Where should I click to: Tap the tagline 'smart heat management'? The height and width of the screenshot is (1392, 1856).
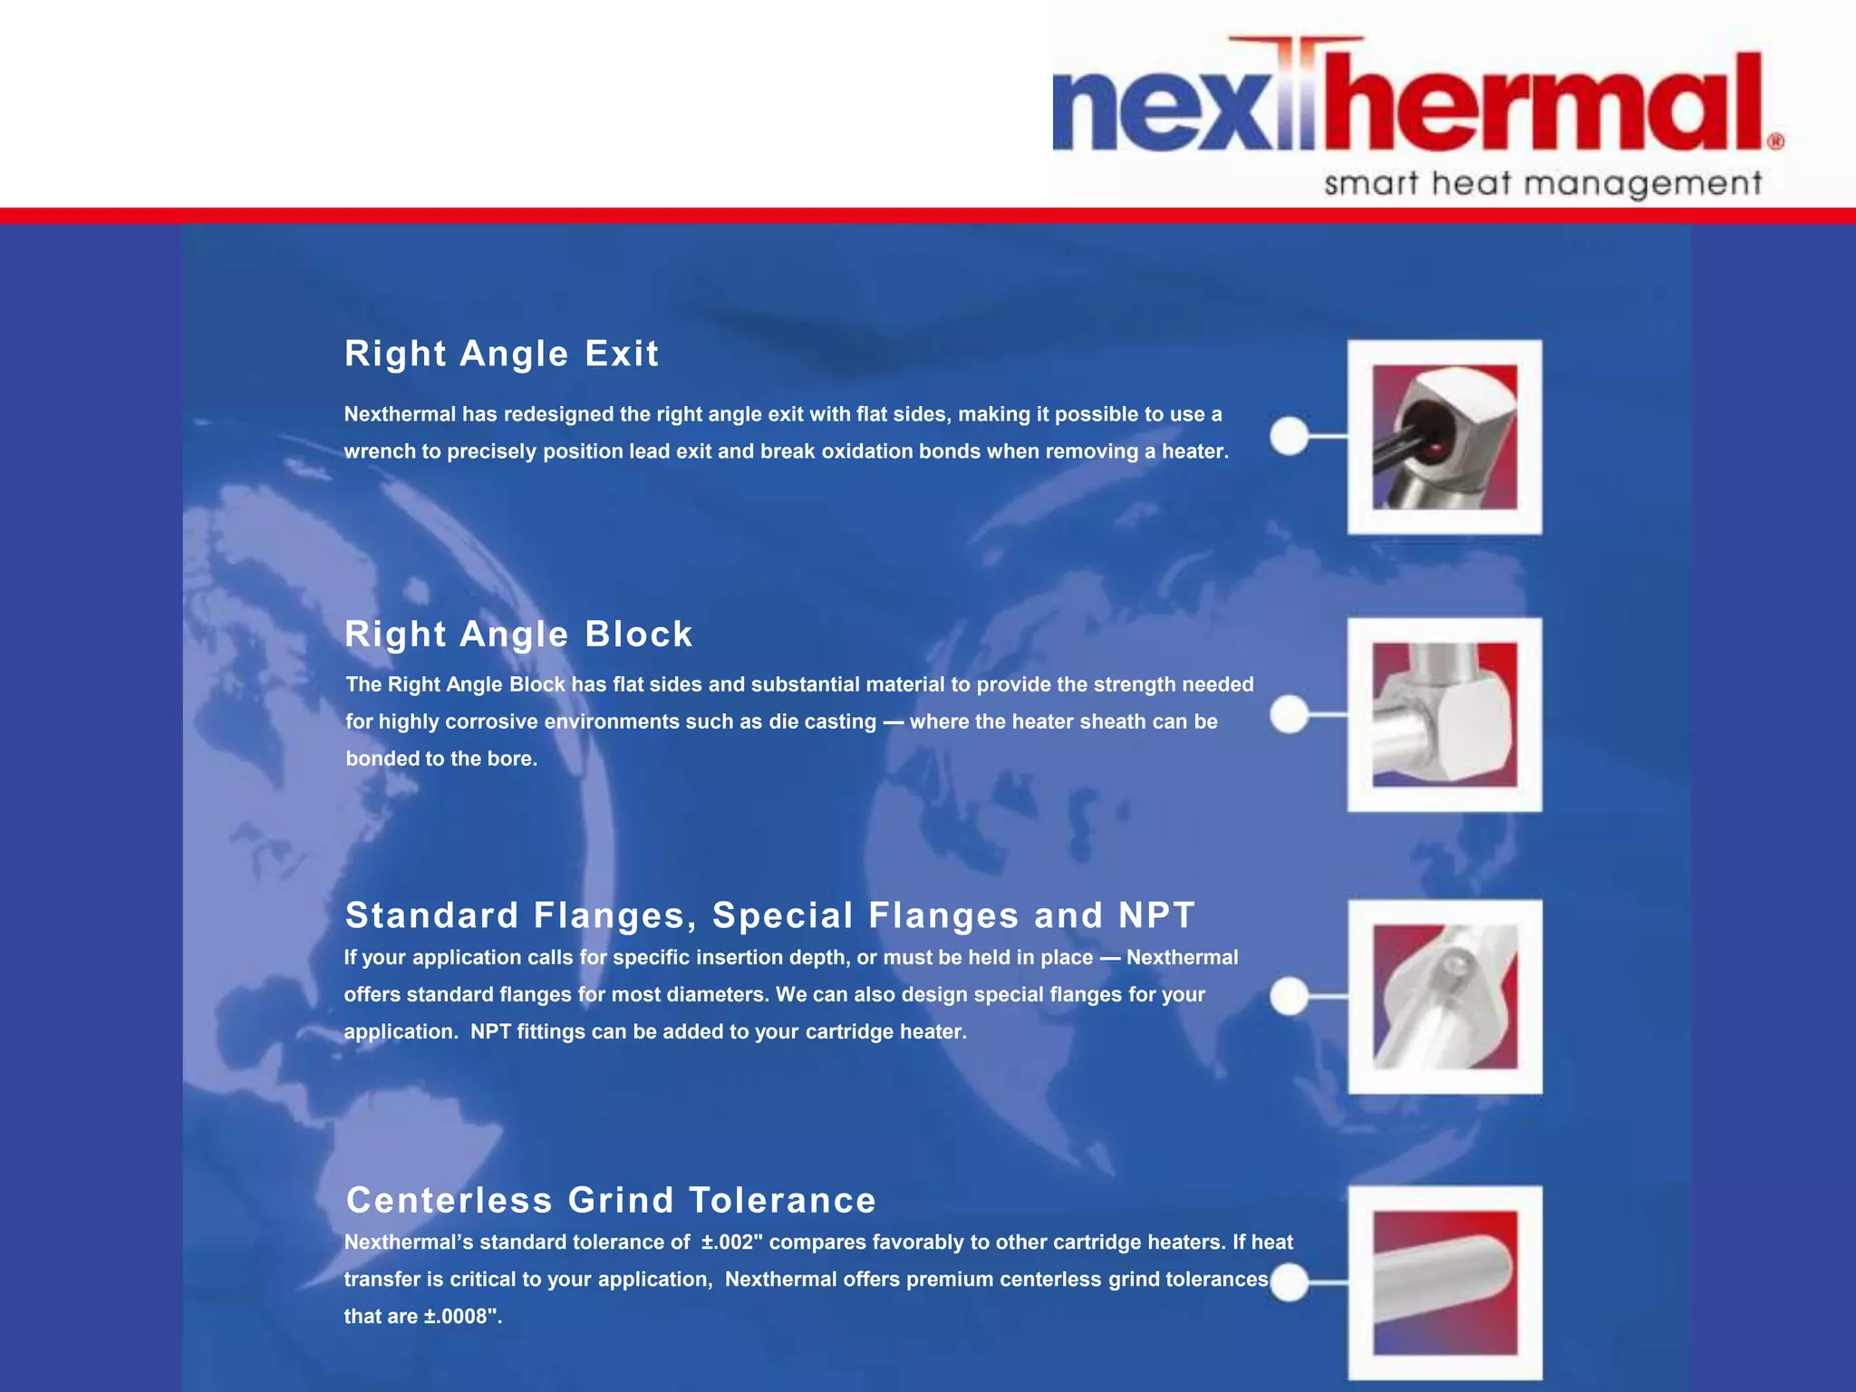click(1542, 184)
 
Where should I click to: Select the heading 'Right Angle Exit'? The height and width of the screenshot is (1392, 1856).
click(501, 353)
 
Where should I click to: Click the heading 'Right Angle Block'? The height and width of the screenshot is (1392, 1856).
click(518, 634)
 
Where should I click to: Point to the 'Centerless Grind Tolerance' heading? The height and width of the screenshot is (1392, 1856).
click(611, 1200)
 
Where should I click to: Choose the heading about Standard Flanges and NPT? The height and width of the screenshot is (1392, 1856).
click(770, 915)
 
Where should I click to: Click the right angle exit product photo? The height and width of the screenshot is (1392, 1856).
click(1445, 437)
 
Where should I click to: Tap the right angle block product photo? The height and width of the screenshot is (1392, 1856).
click(1445, 715)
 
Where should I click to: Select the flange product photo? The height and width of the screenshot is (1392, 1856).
click(1445, 997)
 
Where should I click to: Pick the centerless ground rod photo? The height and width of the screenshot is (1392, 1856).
click(1445, 1282)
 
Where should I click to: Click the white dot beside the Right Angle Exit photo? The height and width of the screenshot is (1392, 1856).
click(1289, 436)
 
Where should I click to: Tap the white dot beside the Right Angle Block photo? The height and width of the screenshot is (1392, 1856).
click(1289, 714)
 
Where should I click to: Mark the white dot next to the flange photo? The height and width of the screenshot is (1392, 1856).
click(1289, 996)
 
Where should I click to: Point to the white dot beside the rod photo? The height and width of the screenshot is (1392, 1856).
click(1289, 1282)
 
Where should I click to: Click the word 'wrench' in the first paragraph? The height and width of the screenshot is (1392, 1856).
click(380, 451)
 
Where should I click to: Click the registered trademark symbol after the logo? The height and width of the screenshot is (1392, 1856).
click(1775, 141)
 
